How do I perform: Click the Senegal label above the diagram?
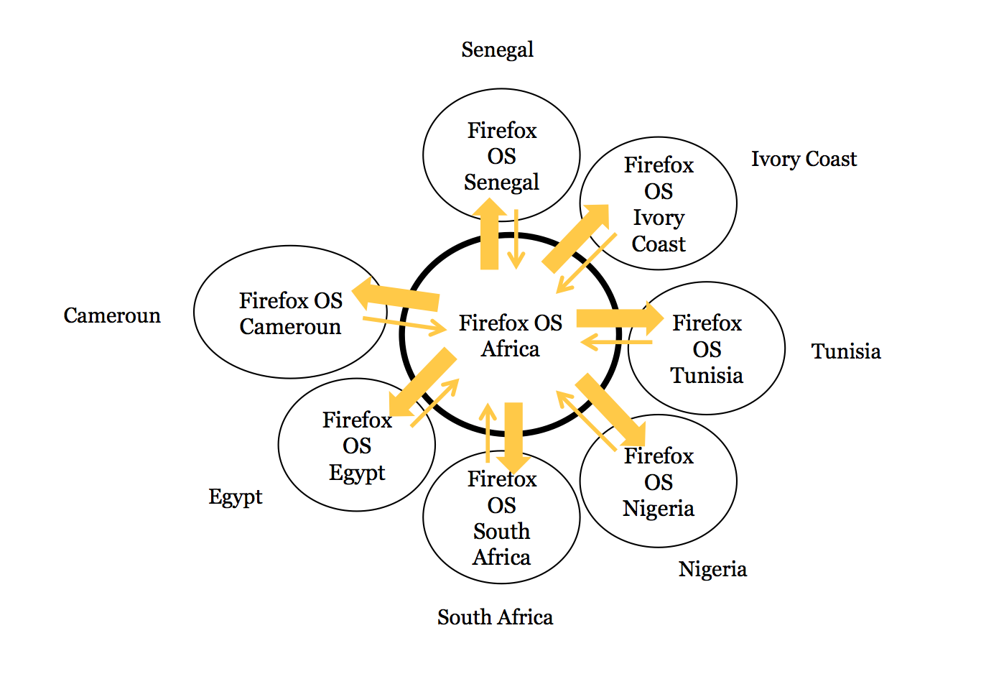coord(498,50)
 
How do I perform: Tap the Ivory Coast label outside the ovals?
coord(804,160)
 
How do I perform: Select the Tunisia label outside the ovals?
coord(846,351)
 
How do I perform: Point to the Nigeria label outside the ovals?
coord(712,570)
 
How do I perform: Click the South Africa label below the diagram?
coord(495,617)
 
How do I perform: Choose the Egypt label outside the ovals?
coord(235,498)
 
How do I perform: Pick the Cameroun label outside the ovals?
coord(112,315)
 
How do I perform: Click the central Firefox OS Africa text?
coord(510,336)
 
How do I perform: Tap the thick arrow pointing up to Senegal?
coord(489,234)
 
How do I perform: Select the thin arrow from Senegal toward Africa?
coord(516,239)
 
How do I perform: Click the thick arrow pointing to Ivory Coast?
coord(575,239)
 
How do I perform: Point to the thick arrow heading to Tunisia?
coord(620,318)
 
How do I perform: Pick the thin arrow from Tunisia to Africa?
coord(616,342)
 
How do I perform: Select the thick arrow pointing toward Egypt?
coord(423,382)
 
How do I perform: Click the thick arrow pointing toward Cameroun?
coord(396,295)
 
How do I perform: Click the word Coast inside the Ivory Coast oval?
coord(659,244)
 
